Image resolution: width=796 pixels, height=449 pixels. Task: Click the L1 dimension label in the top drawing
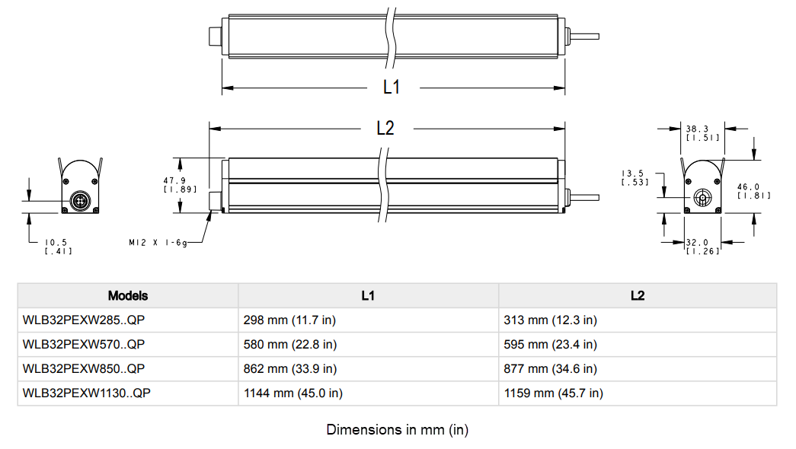(x=391, y=87)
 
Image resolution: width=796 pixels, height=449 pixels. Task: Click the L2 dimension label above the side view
(x=385, y=129)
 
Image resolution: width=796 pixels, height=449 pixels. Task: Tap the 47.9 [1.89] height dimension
(x=174, y=184)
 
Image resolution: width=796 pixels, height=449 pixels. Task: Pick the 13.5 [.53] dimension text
(x=635, y=177)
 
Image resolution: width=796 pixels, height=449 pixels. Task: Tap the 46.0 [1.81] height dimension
(x=753, y=190)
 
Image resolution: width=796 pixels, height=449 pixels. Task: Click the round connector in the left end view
(x=81, y=201)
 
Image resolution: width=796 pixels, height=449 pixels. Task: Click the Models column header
(x=128, y=295)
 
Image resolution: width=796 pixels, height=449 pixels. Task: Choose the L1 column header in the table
(x=368, y=295)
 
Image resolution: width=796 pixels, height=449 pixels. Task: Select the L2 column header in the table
(x=638, y=295)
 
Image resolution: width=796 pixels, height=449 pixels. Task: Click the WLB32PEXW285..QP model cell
(x=84, y=320)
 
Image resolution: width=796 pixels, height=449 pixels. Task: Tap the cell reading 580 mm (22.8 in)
(x=289, y=344)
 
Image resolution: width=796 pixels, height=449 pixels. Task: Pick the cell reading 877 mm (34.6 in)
(x=550, y=368)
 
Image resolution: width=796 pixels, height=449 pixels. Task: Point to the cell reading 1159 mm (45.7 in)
(x=553, y=393)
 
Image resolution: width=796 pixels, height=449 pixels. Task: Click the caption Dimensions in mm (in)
(x=397, y=429)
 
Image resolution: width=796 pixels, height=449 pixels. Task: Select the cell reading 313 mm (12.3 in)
(x=550, y=320)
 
